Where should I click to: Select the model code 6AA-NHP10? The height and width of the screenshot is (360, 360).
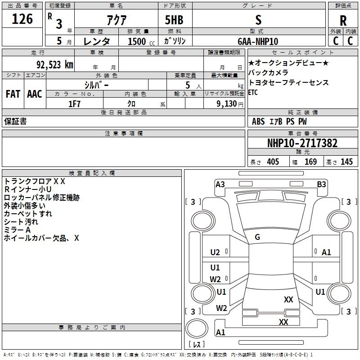[258, 41]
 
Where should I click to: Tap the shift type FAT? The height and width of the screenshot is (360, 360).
[13, 94]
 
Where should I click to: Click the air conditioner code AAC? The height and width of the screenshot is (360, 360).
[35, 94]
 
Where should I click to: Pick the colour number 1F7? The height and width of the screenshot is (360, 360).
[74, 104]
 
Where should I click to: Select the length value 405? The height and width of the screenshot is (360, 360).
[273, 162]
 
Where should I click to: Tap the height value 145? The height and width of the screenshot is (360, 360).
[346, 162]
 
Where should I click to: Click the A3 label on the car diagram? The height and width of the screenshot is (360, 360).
[220, 184]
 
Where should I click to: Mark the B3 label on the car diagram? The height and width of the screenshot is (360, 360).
[321, 184]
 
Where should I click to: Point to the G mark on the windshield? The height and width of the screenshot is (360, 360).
[257, 237]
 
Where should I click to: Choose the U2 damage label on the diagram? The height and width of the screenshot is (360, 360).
[215, 252]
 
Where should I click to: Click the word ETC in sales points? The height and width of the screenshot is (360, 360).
[253, 93]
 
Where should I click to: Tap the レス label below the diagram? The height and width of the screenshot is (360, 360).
[196, 345]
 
